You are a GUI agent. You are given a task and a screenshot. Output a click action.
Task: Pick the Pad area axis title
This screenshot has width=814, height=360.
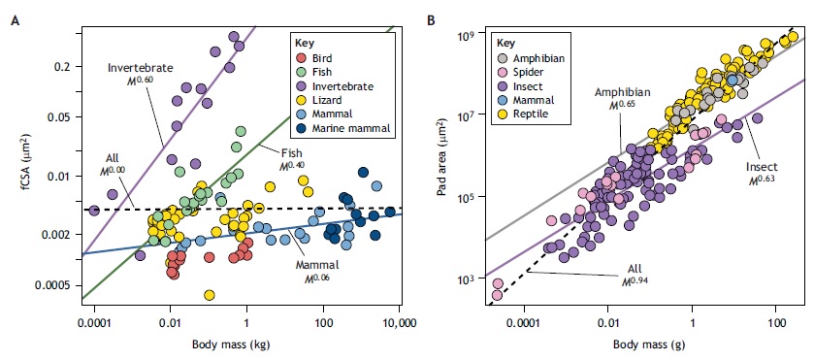click(x=442, y=156)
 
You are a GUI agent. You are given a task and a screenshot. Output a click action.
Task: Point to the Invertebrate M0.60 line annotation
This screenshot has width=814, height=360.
click(x=140, y=74)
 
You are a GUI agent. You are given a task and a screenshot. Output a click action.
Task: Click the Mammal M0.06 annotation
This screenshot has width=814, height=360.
click(x=317, y=271)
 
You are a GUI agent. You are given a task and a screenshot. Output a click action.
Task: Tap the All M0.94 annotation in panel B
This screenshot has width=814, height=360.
click(x=635, y=275)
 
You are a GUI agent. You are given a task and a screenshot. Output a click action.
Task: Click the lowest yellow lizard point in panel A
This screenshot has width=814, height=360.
click(x=210, y=295)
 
